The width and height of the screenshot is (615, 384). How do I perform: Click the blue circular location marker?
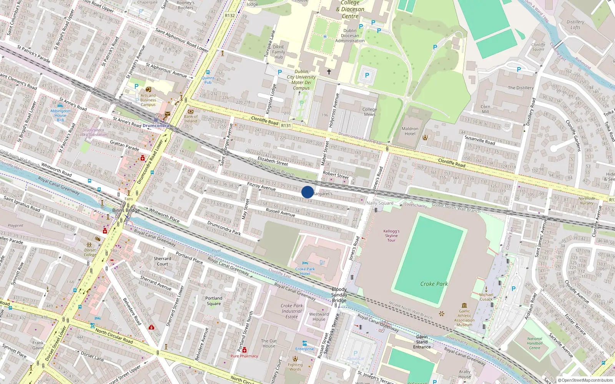tap(307, 192)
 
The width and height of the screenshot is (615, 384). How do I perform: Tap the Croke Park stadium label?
tap(434, 284)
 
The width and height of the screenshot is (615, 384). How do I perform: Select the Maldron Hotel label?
tap(410, 131)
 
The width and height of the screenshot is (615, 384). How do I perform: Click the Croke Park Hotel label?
tap(305, 271)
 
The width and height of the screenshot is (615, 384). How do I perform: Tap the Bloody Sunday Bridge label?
tap(339, 295)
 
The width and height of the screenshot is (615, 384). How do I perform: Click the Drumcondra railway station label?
tap(156, 126)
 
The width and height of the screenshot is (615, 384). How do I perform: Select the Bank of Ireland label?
tap(191, 119)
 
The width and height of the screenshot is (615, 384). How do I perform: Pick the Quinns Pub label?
tap(208, 80)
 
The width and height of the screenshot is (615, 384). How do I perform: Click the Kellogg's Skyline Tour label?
tap(391, 236)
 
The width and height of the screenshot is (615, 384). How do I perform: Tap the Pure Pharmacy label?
tap(244, 356)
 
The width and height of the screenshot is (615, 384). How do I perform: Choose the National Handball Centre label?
tap(535, 343)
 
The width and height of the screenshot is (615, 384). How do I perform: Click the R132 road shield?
tap(230, 15)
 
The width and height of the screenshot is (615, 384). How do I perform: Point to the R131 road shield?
tap(286, 126)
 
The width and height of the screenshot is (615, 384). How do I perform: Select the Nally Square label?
tap(380, 203)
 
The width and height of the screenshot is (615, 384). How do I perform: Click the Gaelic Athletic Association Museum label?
tap(464, 318)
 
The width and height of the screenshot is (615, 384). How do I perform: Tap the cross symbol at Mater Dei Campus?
tap(329, 72)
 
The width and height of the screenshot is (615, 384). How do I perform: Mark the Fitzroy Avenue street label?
tap(261, 186)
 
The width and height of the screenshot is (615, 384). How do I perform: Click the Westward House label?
tap(319, 316)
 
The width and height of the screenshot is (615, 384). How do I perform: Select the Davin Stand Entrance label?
tap(422, 342)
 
